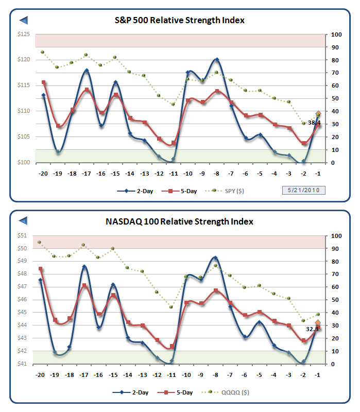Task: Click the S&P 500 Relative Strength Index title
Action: click(x=179, y=21)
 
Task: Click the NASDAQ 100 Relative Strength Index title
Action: click(x=179, y=222)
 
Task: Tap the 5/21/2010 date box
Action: click(x=304, y=191)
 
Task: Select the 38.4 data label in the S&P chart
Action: click(x=314, y=123)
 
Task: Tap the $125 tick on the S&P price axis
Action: click(x=23, y=34)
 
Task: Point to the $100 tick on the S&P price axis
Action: click(x=23, y=162)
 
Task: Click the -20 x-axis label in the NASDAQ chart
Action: click(x=40, y=375)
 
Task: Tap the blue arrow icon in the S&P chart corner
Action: click(x=24, y=20)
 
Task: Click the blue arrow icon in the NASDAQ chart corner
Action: click(x=24, y=221)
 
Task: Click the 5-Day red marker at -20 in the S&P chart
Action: click(x=43, y=82)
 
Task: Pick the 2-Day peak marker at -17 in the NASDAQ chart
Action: click(x=84, y=267)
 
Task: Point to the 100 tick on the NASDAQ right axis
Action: click(x=337, y=236)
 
